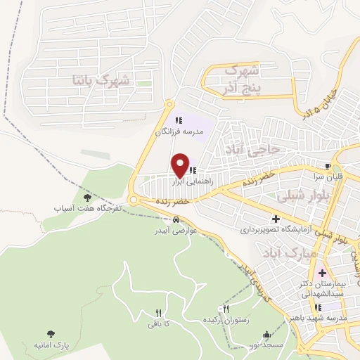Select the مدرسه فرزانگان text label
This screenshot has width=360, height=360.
(179, 131)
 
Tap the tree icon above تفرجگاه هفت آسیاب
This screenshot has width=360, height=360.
(87, 198)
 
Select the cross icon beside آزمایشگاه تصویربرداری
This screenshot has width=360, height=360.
(276, 220)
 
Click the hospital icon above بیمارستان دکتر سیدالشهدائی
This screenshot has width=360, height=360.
(323, 273)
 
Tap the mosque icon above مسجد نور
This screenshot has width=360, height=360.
(266, 335)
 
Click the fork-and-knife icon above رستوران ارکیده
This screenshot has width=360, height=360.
(226, 309)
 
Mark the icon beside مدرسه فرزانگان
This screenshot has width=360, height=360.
(179, 121)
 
